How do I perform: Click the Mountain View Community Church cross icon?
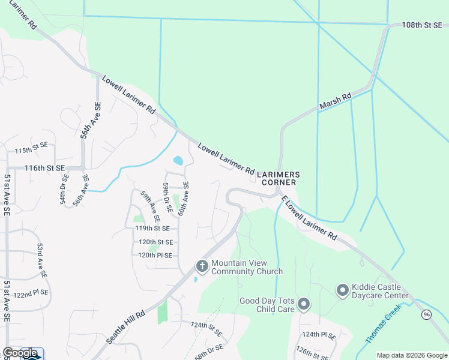tap(202, 266)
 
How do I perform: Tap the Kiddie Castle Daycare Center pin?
tap(343, 291)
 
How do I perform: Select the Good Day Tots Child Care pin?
tap(304, 305)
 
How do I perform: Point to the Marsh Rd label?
tap(335, 101)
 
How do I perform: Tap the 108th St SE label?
tap(421, 25)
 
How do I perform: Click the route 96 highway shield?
tap(427, 314)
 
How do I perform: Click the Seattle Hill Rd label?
tap(126, 327)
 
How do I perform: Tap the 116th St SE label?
tap(44, 169)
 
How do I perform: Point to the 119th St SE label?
tap(152, 229)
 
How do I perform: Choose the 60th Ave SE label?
tap(183, 199)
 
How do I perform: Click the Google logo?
tap(20, 353)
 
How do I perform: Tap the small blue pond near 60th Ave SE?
tap(178, 161)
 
